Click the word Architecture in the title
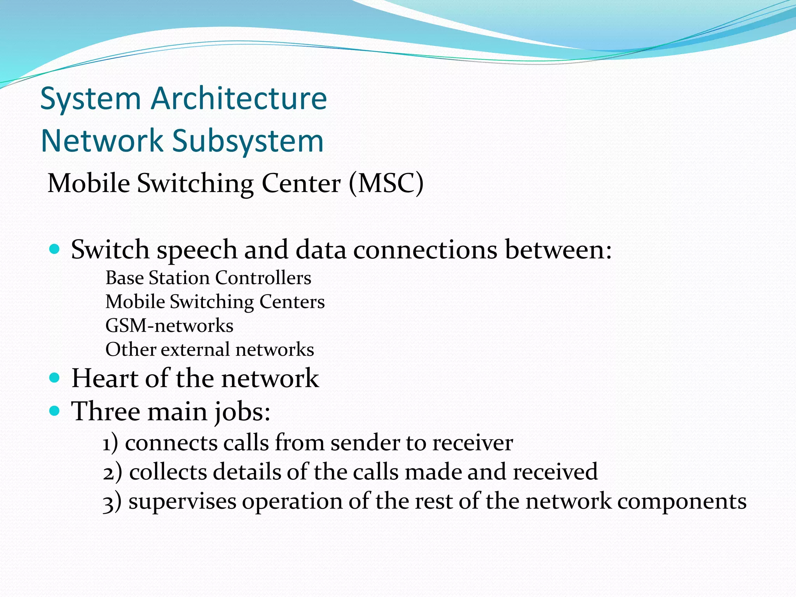[239, 99]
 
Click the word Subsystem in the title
[248, 141]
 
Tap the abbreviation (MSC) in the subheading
[386, 183]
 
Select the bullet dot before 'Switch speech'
[55, 249]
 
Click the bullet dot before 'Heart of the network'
[55, 377]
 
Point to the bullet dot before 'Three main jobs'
[55, 410]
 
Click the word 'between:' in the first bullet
[558, 250]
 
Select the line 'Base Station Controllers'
[208, 278]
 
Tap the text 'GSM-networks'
[169, 326]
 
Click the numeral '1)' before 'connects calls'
[110, 443]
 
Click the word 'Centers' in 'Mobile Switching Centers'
[292, 302]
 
